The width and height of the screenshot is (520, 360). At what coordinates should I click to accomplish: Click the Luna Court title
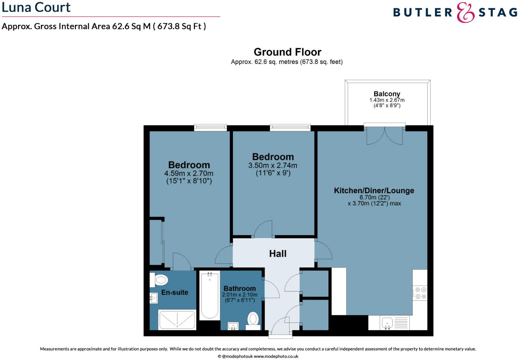[36, 7]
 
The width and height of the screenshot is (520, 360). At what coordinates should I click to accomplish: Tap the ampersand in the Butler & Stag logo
[465, 13]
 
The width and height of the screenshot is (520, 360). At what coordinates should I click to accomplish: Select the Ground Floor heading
[287, 52]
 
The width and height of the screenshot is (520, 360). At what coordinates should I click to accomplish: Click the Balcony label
[387, 94]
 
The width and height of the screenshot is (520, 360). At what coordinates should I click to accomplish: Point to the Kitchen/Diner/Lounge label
[374, 191]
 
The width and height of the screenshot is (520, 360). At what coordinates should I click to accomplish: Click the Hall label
[278, 254]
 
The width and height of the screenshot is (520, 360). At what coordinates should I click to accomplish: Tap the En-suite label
[175, 293]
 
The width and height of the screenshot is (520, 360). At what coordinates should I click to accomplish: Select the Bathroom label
[239, 289]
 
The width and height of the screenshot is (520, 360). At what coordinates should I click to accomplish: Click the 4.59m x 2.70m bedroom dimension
[189, 174]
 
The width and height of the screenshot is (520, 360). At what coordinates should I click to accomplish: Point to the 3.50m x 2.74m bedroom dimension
[273, 166]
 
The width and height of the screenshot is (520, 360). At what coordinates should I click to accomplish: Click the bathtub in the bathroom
[209, 295]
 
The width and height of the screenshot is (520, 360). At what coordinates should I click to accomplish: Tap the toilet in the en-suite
[161, 280]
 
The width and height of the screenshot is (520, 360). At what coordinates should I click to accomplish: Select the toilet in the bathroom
[253, 319]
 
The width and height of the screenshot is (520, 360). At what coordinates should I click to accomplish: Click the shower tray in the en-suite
[177, 320]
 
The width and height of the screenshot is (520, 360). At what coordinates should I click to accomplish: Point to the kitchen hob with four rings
[421, 293]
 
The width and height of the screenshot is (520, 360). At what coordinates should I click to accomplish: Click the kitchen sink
[387, 322]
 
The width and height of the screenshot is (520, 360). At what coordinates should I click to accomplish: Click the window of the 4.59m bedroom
[210, 127]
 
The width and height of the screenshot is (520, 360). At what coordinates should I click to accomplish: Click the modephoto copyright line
[258, 356]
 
